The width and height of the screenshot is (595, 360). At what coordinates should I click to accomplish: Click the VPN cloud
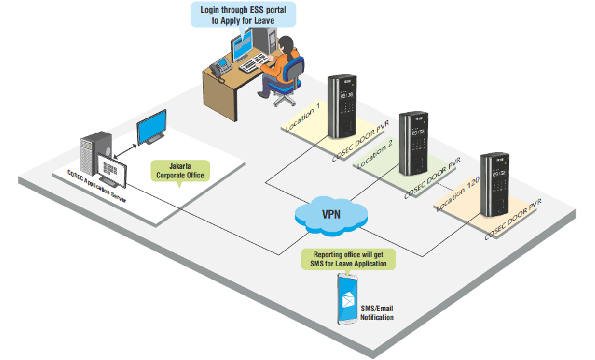pyautogui.click(x=330, y=215)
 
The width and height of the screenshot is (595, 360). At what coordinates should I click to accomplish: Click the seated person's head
pyautogui.click(x=285, y=44)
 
